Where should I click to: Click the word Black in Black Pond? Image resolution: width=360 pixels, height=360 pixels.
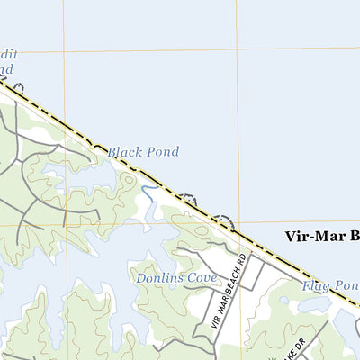tap(124, 152)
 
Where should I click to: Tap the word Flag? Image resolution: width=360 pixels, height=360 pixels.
tap(315, 284)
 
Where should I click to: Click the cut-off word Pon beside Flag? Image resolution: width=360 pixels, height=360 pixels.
tap(347, 285)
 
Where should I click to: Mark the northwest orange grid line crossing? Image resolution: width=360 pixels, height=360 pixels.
tap(65, 50)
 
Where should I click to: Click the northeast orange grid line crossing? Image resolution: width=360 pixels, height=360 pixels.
tap(238, 48)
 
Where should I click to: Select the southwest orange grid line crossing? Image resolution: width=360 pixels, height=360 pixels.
tap(66, 223)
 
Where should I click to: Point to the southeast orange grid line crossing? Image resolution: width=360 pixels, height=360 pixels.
tap(238, 222)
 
